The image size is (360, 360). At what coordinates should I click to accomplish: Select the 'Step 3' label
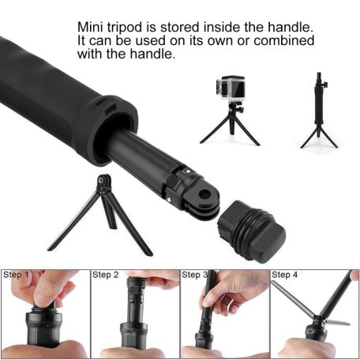coord(196,276)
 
